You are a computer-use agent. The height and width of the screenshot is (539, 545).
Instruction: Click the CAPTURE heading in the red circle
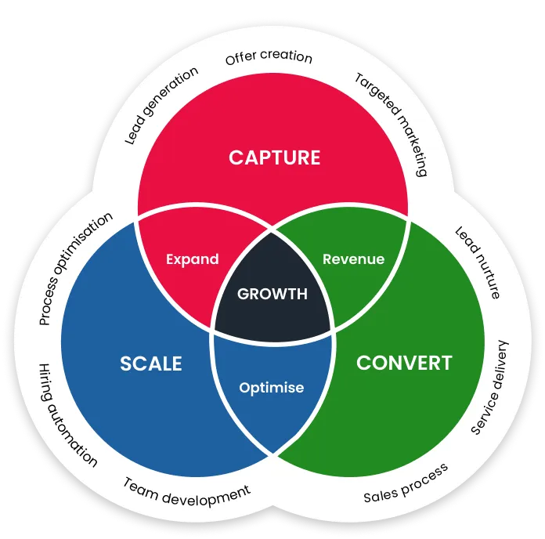(x=274, y=157)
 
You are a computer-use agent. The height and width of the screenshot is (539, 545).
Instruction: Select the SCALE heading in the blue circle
(x=151, y=364)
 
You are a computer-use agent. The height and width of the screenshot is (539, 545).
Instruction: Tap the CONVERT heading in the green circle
(x=404, y=364)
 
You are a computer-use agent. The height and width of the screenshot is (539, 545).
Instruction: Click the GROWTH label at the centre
(x=272, y=295)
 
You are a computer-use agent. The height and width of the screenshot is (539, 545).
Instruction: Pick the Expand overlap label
(x=193, y=259)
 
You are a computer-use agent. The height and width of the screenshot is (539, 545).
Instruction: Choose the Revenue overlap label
(x=353, y=259)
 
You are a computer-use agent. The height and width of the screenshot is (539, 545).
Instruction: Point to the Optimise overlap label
(x=272, y=387)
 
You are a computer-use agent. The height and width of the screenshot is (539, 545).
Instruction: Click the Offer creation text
(x=269, y=59)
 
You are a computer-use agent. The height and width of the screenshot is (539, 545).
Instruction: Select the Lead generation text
(x=161, y=106)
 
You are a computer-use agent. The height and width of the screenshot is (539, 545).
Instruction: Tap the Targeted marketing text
(x=391, y=124)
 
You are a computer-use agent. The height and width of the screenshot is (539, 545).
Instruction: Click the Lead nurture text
(x=477, y=263)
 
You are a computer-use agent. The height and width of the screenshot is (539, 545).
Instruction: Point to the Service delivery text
(x=490, y=387)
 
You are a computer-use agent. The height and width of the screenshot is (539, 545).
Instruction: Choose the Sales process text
(x=406, y=483)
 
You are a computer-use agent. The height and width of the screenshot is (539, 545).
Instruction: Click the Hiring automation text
(x=67, y=414)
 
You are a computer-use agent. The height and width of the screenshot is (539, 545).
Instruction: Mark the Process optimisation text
(x=75, y=268)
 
